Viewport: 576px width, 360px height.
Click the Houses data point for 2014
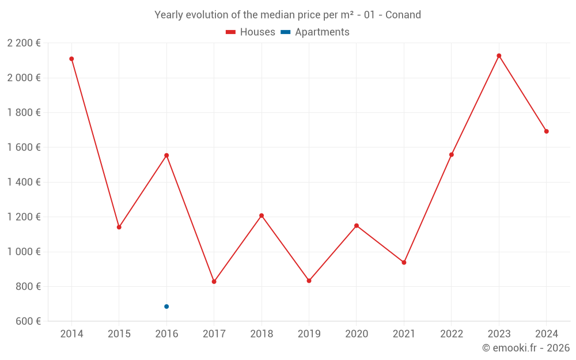(71, 59)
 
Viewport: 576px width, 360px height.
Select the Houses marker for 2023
(499, 56)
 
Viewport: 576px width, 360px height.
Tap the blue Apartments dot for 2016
(166, 306)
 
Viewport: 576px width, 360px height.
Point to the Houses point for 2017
(214, 282)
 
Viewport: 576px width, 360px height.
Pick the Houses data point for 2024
(547, 131)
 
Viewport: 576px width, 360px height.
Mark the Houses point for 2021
(404, 263)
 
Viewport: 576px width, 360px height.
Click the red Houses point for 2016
(166, 156)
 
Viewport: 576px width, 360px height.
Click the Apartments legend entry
(321, 32)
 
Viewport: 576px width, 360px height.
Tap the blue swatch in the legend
(285, 32)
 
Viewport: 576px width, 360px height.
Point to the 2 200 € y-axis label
(24, 43)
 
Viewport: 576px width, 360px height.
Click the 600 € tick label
(27, 321)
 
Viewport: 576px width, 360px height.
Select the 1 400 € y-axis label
(24, 182)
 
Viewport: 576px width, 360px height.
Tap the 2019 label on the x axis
(309, 334)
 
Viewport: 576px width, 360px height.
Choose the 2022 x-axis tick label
(452, 334)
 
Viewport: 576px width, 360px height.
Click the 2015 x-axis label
(119, 334)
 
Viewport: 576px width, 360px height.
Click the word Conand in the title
(403, 14)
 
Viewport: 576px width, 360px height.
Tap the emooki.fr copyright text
(526, 348)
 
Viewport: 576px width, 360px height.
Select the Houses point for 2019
(309, 281)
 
